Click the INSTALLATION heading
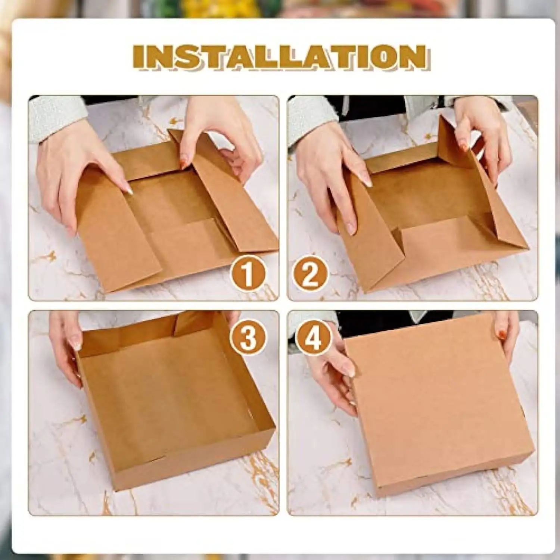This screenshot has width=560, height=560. click(280, 57)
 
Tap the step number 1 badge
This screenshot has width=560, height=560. click(248, 274)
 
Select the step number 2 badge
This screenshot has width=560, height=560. click(310, 274)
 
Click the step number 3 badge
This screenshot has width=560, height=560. click(248, 337)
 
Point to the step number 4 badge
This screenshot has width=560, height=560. click(313, 338)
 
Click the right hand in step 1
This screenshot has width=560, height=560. click(220, 138)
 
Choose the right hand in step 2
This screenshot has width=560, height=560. click(485, 138)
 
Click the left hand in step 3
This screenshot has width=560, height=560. click(67, 343)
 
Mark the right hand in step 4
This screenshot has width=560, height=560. click(508, 336)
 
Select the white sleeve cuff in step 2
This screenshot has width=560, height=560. click(310, 119)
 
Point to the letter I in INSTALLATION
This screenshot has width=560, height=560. click(139, 57)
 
